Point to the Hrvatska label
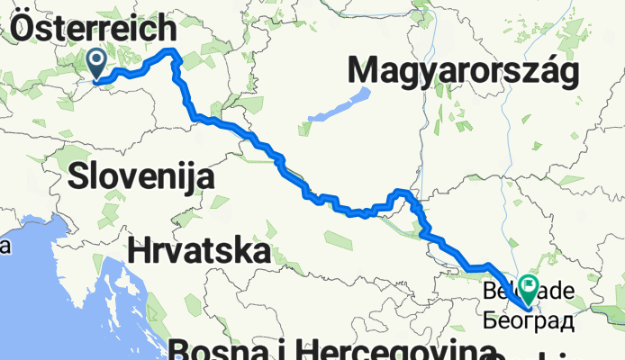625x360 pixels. point(200,251)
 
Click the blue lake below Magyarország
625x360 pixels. point(340,106)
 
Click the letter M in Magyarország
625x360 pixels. point(365,70)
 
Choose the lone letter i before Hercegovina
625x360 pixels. point(289,349)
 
